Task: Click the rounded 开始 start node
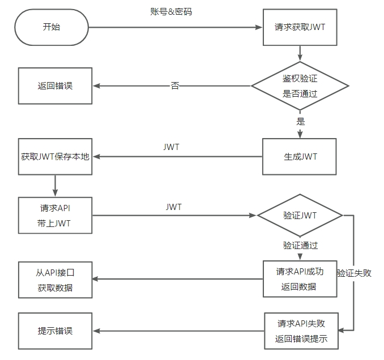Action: tap(52, 27)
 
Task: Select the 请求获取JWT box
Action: tap(300, 27)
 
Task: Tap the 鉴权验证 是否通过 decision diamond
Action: tap(300, 86)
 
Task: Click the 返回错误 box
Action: tap(56, 86)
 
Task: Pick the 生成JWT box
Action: tap(300, 157)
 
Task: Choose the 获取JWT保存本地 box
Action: tap(56, 157)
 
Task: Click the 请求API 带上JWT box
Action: tap(56, 215)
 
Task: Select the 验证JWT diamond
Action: tap(300, 216)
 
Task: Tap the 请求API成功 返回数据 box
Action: tap(300, 278)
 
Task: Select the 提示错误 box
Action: tap(56, 331)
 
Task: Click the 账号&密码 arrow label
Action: tap(175, 11)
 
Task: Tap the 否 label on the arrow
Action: tap(175, 86)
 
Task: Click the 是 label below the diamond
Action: tap(300, 121)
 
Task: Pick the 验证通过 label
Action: tap(300, 246)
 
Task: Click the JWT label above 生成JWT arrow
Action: tap(172, 147)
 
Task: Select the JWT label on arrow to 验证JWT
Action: tap(174, 207)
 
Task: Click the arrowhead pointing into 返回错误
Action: tap(97, 86)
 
